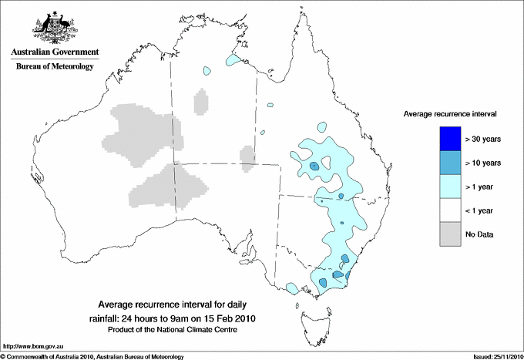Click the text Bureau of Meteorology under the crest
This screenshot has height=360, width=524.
55,67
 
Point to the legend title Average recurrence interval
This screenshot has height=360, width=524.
450,113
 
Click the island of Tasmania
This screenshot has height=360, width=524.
311,316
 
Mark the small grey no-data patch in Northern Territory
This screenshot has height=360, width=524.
202,101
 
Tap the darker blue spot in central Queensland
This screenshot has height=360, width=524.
314,167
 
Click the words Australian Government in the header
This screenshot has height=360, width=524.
55,53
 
